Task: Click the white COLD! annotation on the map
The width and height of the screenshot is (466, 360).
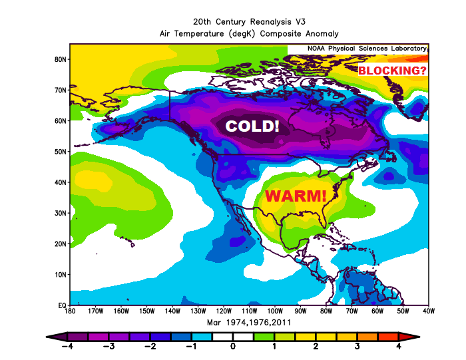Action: tap(252, 126)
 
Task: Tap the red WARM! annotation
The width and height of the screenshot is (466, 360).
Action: tap(296, 196)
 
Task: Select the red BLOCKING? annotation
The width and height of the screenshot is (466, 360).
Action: tap(392, 70)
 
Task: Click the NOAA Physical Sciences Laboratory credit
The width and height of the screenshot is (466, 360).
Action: tap(367, 49)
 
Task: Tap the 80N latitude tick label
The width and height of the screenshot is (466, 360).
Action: tap(60, 59)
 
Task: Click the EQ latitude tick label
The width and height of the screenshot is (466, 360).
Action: tap(61, 305)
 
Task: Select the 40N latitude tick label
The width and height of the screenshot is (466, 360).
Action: tap(60, 182)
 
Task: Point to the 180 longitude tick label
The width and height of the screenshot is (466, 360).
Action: tap(70, 311)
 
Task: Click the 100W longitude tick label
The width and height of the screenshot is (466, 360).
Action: tap(275, 311)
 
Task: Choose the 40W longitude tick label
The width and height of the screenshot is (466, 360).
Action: tap(429, 311)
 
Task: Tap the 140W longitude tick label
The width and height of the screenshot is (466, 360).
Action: tap(172, 311)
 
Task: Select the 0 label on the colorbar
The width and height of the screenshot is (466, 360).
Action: tap(234, 347)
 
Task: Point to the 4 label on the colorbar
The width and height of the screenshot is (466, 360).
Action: tap(399, 347)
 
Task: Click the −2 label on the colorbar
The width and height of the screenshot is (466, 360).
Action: tap(151, 347)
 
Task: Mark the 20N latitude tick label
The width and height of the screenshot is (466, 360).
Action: tap(60, 244)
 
